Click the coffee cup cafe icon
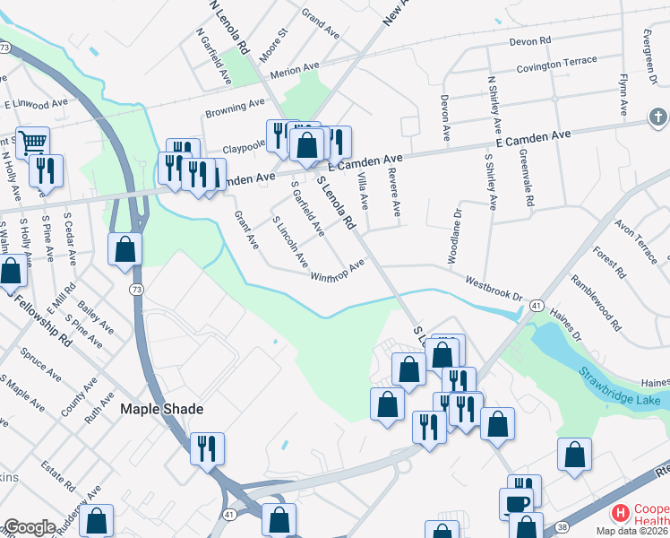coord(519,502)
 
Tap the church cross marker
coord(658,117)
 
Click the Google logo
coord(29,527)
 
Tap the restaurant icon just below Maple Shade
coord(208,447)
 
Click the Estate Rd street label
coord(58,475)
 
